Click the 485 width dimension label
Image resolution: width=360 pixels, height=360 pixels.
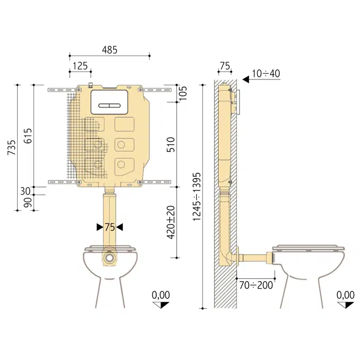pos(110,50)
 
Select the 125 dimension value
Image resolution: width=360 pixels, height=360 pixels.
pos(80,66)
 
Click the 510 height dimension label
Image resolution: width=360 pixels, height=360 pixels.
pos(171,144)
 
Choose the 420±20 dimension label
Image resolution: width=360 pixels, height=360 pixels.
pos(171,222)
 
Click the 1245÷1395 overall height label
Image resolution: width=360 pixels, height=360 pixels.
pos(197,196)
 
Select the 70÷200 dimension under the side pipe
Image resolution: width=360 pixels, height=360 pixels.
pos(256,285)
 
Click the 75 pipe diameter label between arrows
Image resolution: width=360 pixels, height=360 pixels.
pos(109,227)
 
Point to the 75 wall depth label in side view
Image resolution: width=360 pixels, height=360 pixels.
pos(225,66)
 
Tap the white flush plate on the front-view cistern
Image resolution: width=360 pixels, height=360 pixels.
pos(109,102)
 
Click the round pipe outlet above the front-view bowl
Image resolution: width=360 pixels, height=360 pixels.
pos(109,257)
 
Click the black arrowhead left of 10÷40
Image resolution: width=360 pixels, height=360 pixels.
pos(246,79)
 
